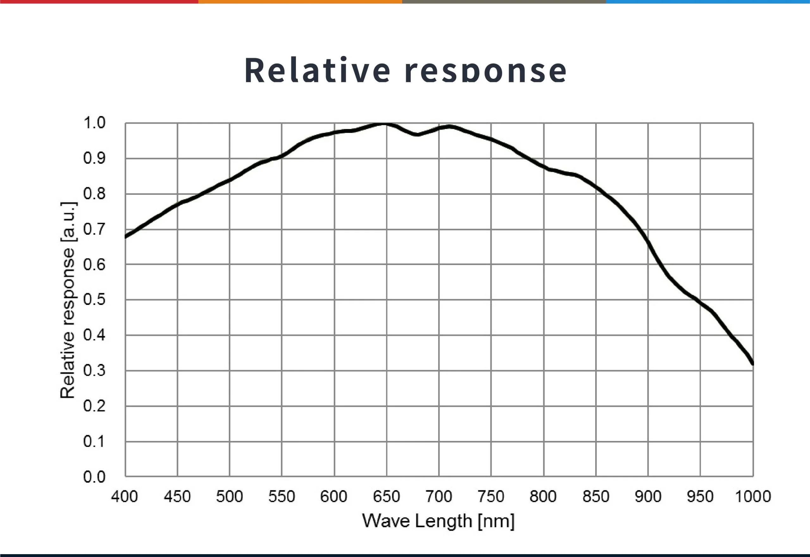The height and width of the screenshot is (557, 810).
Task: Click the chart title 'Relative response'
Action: pyautogui.click(x=405, y=71)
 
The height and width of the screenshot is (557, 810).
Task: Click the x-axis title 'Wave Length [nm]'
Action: pyautogui.click(x=438, y=521)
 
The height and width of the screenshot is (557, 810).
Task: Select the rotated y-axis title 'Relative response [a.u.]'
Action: pyautogui.click(x=68, y=300)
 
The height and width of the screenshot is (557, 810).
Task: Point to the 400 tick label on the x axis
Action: pyautogui.click(x=125, y=496)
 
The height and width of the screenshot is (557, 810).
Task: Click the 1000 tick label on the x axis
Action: pyautogui.click(x=753, y=496)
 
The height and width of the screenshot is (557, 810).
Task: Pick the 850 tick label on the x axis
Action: pyautogui.click(x=595, y=496)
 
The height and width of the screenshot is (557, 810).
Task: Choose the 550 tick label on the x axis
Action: pyautogui.click(x=282, y=496)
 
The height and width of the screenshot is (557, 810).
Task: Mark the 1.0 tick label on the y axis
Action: pyautogui.click(x=94, y=123)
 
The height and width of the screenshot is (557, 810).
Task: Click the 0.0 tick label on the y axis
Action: pyautogui.click(x=94, y=477)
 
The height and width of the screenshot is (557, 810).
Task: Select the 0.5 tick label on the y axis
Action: pyautogui.click(x=94, y=300)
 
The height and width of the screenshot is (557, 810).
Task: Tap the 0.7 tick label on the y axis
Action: pyautogui.click(x=94, y=229)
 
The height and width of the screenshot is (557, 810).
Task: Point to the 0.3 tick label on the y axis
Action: pyautogui.click(x=94, y=370)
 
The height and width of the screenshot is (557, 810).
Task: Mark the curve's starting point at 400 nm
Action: pyautogui.click(x=126, y=236)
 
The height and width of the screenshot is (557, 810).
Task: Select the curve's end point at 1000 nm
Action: pyautogui.click(x=752, y=363)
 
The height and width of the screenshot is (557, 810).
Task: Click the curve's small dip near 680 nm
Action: pyautogui.click(x=417, y=134)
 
